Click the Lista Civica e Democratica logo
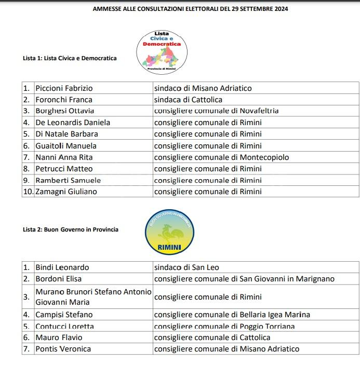[x=162, y=51]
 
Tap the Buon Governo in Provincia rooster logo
[x=169, y=232]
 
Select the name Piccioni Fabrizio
[x=64, y=88]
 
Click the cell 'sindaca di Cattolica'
[x=188, y=100]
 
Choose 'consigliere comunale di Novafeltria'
[x=216, y=111]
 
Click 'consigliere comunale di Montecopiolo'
[x=221, y=157]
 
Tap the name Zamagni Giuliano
[x=66, y=192]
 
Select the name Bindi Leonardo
[x=62, y=267]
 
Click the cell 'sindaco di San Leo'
[x=186, y=267]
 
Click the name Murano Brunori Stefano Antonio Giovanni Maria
[x=94, y=296]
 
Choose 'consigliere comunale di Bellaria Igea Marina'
[x=232, y=315]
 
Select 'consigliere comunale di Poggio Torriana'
[x=224, y=327]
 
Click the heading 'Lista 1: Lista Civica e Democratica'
[x=70, y=58]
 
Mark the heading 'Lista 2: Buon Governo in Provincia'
[x=71, y=229]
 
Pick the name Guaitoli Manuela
[x=66, y=146]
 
